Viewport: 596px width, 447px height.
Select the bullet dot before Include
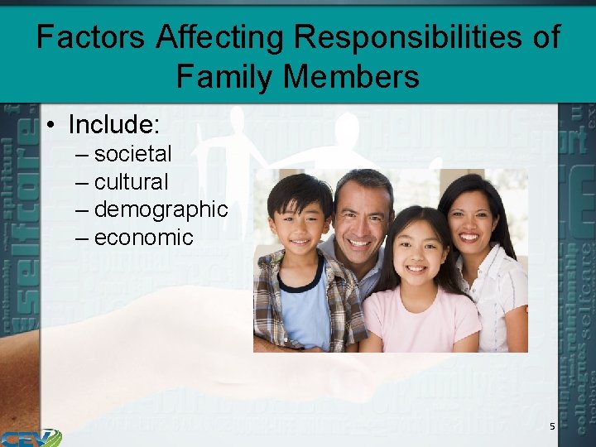pyautogui.click(x=51, y=126)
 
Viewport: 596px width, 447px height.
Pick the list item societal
pyautogui.click(x=132, y=154)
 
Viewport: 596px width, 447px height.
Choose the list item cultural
pyautogui.click(x=131, y=182)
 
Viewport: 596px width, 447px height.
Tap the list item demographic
pyautogui.click(x=161, y=210)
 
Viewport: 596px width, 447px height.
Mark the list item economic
pyautogui.click(x=143, y=238)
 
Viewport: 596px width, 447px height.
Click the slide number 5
pyautogui.click(x=552, y=426)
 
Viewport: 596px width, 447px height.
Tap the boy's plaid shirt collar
pyautogui.click(x=277, y=269)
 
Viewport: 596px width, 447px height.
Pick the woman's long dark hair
pyautogui.click(x=497, y=223)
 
